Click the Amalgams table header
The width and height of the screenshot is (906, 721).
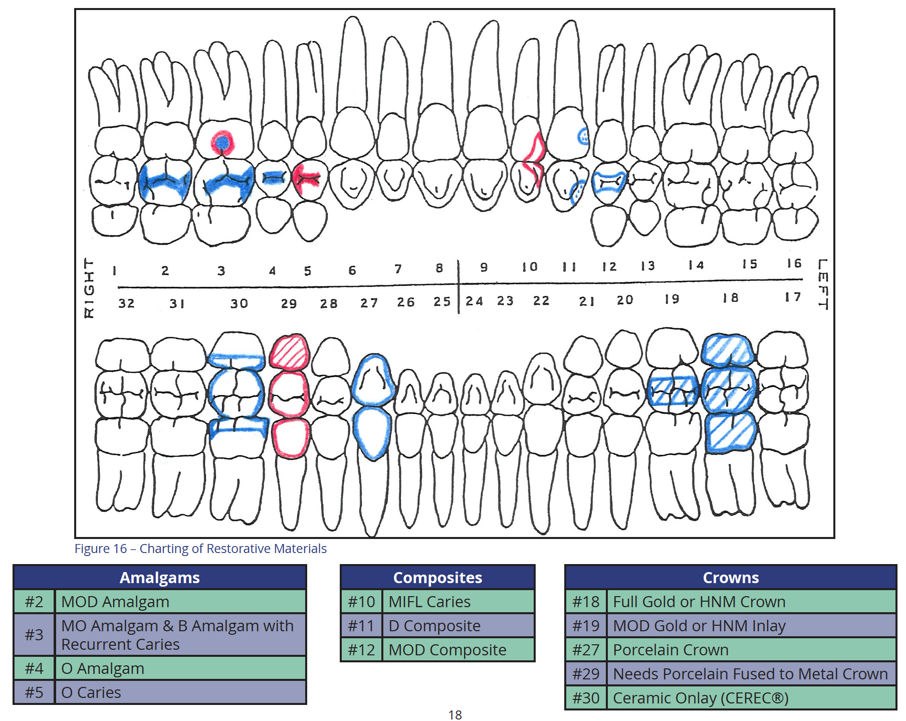(x=159, y=578)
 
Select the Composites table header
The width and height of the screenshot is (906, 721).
(x=437, y=578)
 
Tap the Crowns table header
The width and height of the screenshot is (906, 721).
(x=730, y=578)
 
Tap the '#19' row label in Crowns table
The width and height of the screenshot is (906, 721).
(x=586, y=626)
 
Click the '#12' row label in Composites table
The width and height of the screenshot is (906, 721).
(x=361, y=650)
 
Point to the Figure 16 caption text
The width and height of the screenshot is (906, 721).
(x=200, y=549)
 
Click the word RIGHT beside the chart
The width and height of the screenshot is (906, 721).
(x=89, y=288)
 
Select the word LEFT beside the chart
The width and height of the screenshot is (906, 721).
(x=822, y=284)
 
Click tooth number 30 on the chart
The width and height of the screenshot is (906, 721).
(x=239, y=303)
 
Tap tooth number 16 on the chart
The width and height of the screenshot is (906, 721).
(x=794, y=263)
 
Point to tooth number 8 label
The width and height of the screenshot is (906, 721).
(x=439, y=268)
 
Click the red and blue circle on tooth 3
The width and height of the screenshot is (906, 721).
(x=222, y=143)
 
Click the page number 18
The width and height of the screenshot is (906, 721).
(x=455, y=714)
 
